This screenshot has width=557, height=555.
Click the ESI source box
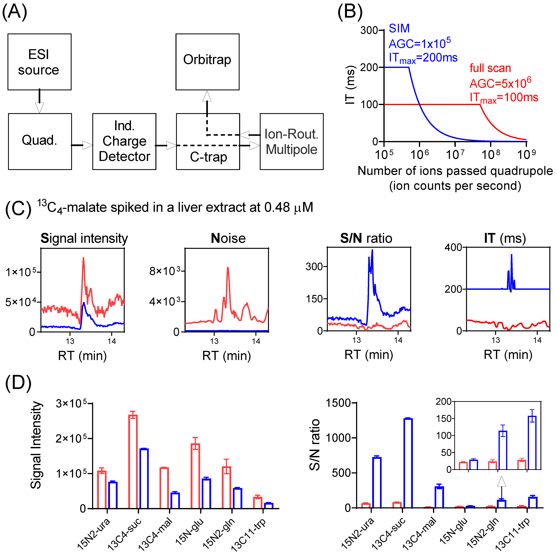click(x=39, y=62)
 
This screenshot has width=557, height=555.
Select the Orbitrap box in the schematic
click(x=207, y=62)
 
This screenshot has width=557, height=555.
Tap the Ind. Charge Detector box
click(x=124, y=141)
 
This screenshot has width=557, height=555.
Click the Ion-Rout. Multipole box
click(x=291, y=141)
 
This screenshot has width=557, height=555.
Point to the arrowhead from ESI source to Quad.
click(x=39, y=107)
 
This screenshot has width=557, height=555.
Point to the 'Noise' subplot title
click(x=228, y=238)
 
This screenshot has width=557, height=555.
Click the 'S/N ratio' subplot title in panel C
click(x=366, y=238)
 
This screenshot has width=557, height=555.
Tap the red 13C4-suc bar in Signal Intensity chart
click(x=133, y=462)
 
